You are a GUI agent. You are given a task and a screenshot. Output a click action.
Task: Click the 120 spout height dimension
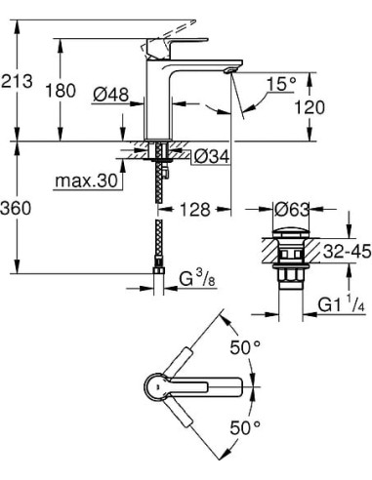click(x=341, y=107)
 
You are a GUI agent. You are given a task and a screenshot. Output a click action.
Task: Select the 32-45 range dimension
click(x=348, y=252)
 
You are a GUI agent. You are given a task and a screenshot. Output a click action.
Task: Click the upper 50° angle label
click(x=244, y=345)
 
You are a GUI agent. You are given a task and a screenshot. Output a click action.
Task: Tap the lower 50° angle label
click(x=244, y=426)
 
